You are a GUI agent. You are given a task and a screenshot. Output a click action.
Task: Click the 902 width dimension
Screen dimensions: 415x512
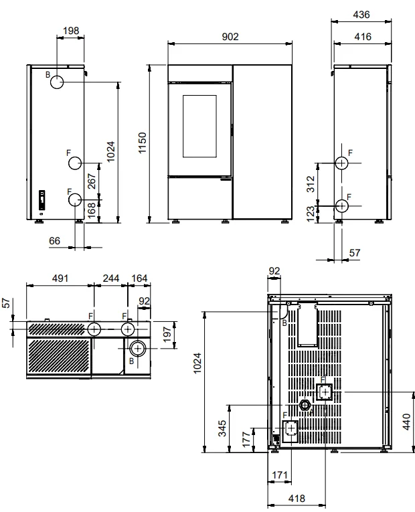pyautogui.click(x=230, y=37)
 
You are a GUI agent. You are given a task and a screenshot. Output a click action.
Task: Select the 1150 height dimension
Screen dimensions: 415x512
pyautogui.click(x=143, y=143)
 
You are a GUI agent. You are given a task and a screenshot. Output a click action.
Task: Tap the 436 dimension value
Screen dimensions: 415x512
pyautogui.click(x=361, y=15)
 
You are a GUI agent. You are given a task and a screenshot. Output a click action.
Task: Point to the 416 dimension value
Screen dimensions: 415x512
pyautogui.click(x=363, y=37)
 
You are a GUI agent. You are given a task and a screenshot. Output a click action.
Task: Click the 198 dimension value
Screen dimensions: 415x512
pyautogui.click(x=71, y=31)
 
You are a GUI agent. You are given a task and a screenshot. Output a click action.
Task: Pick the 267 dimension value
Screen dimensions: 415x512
pyautogui.click(x=92, y=181)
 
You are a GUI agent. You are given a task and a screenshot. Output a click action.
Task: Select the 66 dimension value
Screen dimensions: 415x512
pyautogui.click(x=54, y=241)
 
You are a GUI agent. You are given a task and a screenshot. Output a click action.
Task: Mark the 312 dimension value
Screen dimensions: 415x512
pyautogui.click(x=311, y=184)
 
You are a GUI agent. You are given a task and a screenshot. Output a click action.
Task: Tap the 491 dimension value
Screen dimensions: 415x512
pyautogui.click(x=60, y=278)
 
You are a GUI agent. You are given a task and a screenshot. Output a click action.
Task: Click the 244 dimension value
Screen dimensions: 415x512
pyautogui.click(x=111, y=278)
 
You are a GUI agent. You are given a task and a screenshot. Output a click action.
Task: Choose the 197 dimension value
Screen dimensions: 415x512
pyautogui.click(x=167, y=335)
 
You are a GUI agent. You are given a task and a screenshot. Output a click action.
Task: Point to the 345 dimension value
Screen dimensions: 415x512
pyautogui.click(x=222, y=428)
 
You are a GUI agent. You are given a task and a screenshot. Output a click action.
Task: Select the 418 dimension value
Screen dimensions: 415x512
pyautogui.click(x=297, y=499)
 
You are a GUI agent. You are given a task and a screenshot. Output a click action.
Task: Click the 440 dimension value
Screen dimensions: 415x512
pyautogui.click(x=406, y=422)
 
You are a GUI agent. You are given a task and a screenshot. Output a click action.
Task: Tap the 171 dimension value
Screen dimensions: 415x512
pyautogui.click(x=280, y=475)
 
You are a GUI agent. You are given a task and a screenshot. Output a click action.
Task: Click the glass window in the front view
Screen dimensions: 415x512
pyautogui.click(x=199, y=126)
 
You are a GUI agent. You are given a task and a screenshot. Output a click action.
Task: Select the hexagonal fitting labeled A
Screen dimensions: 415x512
pyautogui.click(x=305, y=405)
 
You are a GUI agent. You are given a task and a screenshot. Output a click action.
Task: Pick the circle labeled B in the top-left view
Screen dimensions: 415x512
pyautogui.click(x=57, y=82)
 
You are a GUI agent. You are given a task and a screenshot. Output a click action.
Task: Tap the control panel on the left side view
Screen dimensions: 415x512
pyautogui.click(x=41, y=199)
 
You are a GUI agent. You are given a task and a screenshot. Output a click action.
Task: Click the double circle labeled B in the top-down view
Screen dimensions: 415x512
pyautogui.click(x=138, y=349)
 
